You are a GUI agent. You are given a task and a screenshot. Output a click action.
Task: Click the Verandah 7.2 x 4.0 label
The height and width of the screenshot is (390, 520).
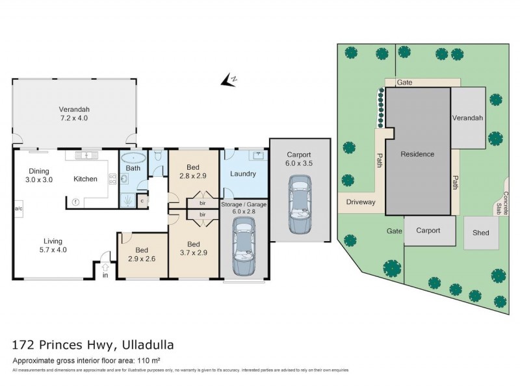click(73, 114)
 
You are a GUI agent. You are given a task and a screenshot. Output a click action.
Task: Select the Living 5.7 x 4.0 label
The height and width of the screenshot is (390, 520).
click(53, 244)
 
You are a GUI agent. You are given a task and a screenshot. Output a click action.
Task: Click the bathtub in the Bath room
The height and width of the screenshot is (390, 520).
click(134, 158)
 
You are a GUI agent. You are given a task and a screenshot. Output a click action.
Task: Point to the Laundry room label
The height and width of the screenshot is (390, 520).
click(243, 174)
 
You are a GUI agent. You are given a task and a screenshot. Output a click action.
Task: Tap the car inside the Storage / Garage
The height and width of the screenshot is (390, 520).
click(244, 246)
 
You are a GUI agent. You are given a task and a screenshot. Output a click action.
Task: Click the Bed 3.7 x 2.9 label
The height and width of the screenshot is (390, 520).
click(193, 248)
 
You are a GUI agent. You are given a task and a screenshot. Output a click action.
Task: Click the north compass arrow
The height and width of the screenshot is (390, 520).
click(227, 80)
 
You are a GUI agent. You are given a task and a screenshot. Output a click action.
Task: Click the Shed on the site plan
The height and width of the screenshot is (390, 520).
click(481, 233)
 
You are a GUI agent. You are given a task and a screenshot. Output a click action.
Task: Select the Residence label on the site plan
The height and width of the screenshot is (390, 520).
click(417, 154)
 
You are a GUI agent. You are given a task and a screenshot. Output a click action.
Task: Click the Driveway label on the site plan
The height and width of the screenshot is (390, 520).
click(361, 202)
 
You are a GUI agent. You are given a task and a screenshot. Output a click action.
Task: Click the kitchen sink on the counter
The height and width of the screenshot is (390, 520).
click(86, 157)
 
